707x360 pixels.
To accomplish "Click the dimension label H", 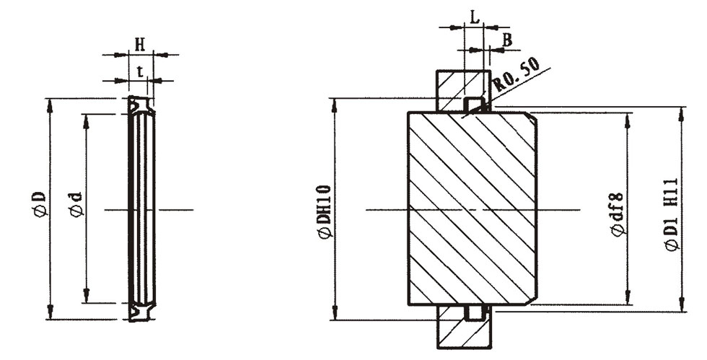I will click(140, 43).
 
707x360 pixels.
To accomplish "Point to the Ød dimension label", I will click(76, 203).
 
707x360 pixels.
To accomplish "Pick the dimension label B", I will click(506, 40).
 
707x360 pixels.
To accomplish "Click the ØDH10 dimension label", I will click(324, 210).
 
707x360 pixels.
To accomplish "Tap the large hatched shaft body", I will click(469, 208).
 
